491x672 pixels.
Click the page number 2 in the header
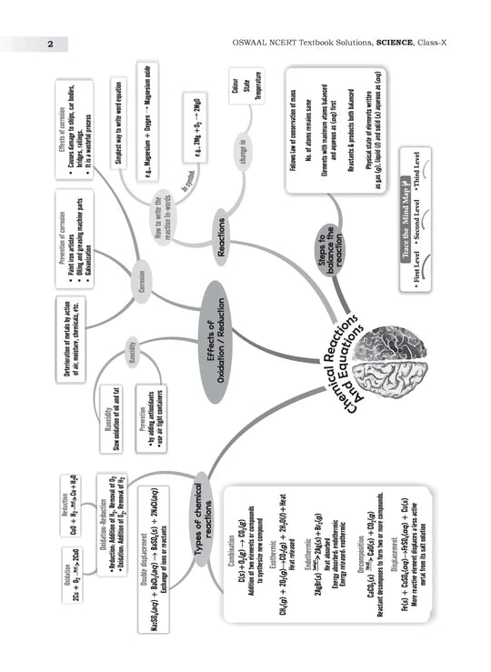[x=51, y=44]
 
